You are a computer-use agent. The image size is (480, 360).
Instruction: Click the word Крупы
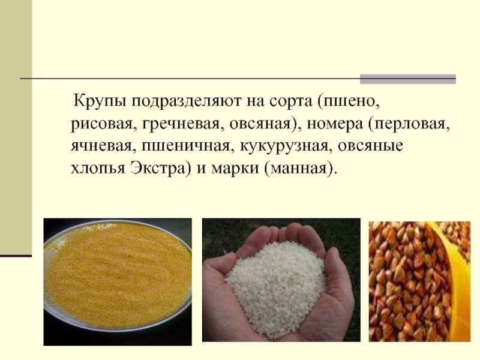[100, 101]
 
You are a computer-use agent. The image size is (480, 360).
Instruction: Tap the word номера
[335, 124]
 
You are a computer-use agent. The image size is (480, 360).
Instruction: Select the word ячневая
[103, 146]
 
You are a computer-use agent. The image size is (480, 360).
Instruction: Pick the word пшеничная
[185, 146]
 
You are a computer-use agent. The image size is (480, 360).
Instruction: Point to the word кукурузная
[283, 146]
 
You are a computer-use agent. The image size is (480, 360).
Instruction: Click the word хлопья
[98, 168]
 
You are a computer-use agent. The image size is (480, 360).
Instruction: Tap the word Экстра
[158, 168]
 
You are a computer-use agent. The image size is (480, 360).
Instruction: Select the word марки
[235, 168]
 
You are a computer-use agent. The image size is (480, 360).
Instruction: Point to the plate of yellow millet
[118, 275]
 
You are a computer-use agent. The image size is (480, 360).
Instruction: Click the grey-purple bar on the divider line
[408, 79]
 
